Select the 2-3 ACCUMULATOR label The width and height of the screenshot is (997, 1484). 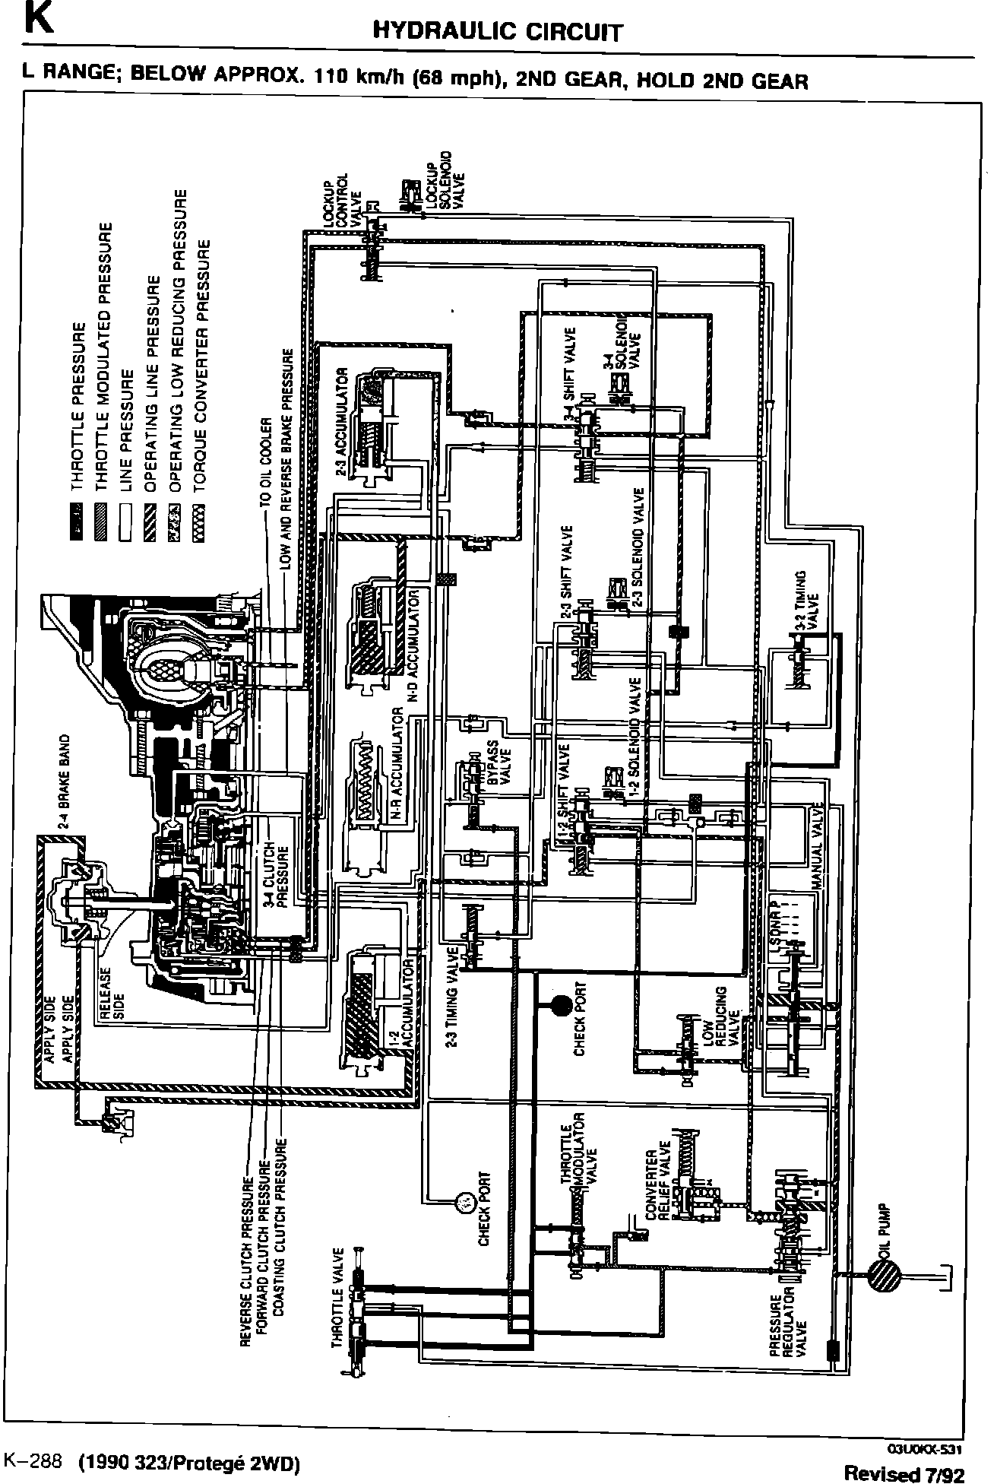(342, 423)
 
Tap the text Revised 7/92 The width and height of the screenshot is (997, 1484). (904, 1473)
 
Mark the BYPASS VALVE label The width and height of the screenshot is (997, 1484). (499, 768)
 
